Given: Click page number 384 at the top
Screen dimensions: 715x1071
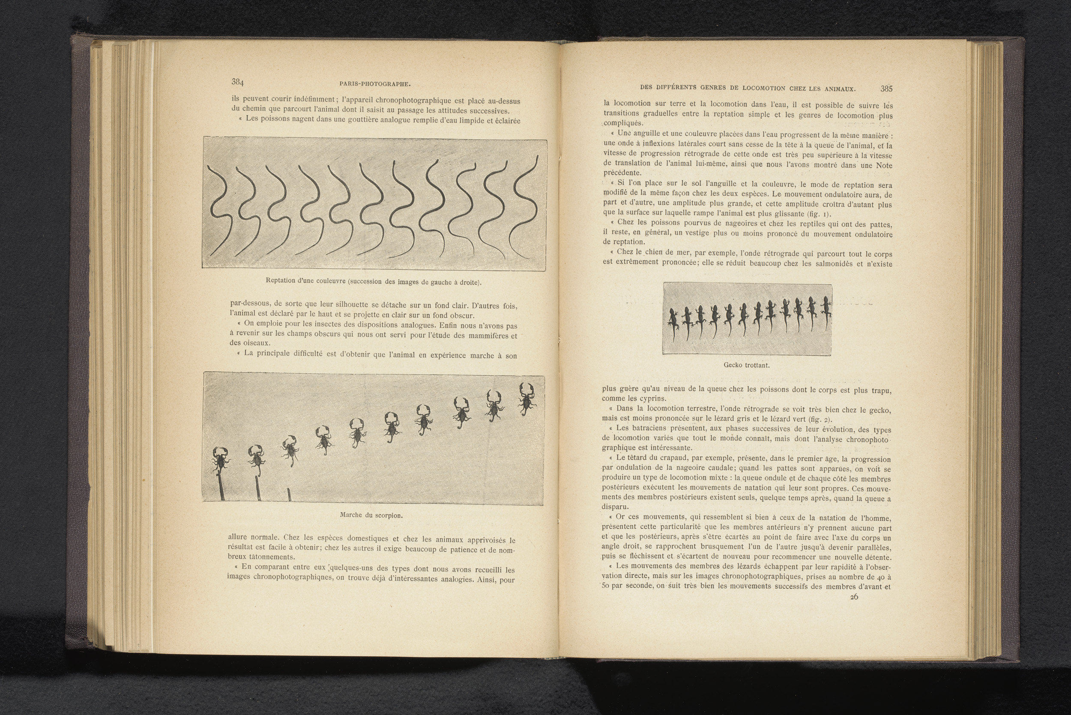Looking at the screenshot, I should (238, 82).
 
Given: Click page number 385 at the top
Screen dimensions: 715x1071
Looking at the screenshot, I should (886, 89).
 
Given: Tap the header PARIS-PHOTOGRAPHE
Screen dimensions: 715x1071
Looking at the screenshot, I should (375, 84).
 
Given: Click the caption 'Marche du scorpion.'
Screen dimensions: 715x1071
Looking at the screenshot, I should (371, 515).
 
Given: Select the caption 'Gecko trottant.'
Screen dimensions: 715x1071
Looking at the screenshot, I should (746, 365).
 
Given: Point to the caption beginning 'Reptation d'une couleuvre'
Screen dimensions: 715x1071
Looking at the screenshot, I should (373, 282).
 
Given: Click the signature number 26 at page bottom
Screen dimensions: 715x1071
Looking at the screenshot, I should (854, 596).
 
